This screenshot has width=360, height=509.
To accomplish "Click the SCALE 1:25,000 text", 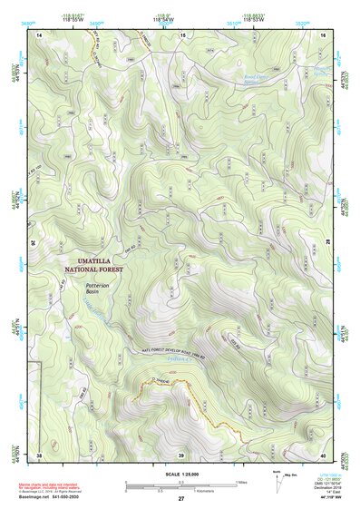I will (180, 475).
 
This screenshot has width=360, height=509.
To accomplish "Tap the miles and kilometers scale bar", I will (181, 487).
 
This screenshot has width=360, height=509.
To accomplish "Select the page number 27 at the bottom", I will (181, 500).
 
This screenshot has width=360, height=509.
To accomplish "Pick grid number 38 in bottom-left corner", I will (39, 454).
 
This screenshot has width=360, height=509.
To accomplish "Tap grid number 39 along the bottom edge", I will (181, 454).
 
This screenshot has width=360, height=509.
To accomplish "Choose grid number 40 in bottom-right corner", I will (323, 454).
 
